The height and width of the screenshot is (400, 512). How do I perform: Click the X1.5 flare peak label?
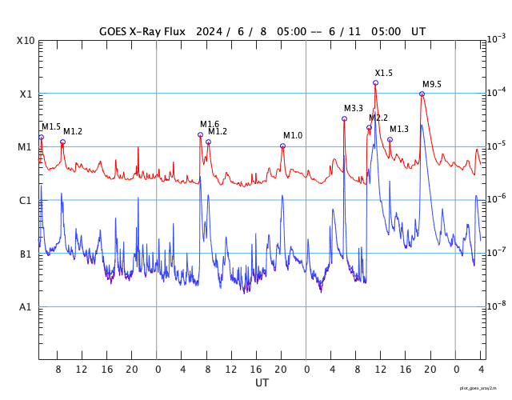(384, 73)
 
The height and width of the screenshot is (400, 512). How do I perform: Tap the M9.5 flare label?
(432, 84)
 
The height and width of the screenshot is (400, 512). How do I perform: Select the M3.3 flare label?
(354, 108)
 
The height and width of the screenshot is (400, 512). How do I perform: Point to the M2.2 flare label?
(378, 118)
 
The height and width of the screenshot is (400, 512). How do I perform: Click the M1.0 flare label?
(293, 135)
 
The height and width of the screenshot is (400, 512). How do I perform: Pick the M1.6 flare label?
(210, 124)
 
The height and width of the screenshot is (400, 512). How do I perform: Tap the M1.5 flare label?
(51, 126)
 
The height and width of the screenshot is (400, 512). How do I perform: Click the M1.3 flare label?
(399, 129)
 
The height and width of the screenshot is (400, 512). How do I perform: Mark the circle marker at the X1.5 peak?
(375, 82)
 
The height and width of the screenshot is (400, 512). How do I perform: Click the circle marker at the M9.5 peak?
(422, 94)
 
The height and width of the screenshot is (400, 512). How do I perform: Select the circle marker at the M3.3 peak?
(344, 118)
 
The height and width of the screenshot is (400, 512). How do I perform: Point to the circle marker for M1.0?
(282, 146)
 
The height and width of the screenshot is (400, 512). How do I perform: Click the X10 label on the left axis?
(26, 41)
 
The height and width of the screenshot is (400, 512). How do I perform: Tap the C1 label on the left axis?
(26, 200)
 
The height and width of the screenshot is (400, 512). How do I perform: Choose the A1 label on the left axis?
(26, 306)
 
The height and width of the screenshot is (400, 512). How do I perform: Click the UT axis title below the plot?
(262, 383)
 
